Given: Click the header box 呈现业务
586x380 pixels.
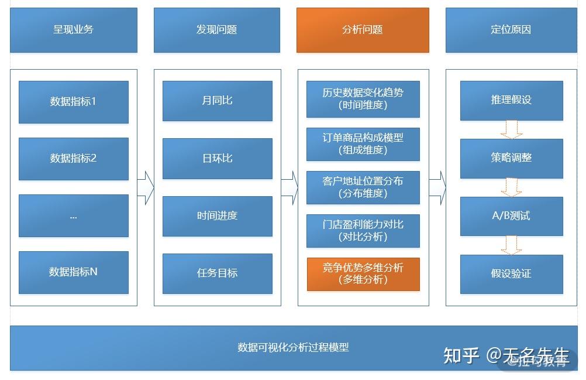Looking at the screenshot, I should click(x=74, y=30).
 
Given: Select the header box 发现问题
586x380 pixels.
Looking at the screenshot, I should click(x=217, y=30).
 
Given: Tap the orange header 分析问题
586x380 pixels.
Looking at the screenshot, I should click(x=363, y=30).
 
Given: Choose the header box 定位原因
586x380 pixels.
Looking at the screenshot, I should click(x=511, y=30).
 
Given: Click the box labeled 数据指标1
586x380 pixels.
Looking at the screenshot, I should click(x=74, y=102).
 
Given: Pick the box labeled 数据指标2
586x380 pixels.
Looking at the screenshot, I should click(x=74, y=159).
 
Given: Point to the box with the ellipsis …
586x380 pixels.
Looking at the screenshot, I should click(x=74, y=215).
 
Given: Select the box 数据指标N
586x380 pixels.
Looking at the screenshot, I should click(x=74, y=272).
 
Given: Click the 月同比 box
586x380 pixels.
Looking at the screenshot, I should click(x=217, y=101).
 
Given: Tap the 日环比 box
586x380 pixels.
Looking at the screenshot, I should click(x=217, y=158).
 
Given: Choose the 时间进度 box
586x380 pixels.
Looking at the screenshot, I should click(x=217, y=216).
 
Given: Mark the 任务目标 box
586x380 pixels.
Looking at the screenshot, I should click(x=217, y=273).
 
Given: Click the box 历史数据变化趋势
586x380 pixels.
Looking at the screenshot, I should click(x=363, y=99).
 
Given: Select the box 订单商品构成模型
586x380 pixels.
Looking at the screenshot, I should click(x=363, y=144).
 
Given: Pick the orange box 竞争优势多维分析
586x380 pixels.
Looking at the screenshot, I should click(x=363, y=274).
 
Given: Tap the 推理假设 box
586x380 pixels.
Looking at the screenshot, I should click(x=511, y=100).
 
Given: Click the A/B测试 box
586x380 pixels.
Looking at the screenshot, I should click(x=511, y=216).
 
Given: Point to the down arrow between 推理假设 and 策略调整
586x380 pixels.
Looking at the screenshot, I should click(x=511, y=129).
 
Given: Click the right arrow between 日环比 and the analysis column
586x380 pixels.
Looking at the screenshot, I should click(x=289, y=187).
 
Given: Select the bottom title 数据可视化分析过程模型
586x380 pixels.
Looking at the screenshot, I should click(x=293, y=347).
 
